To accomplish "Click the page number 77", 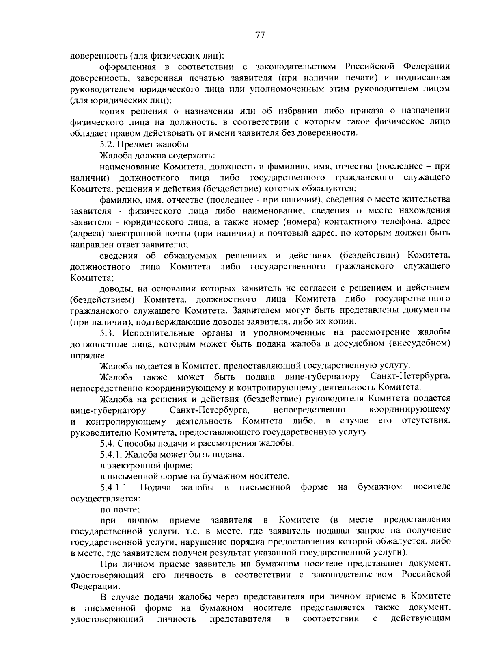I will coord(260,35).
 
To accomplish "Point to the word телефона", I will coord(390,222).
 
